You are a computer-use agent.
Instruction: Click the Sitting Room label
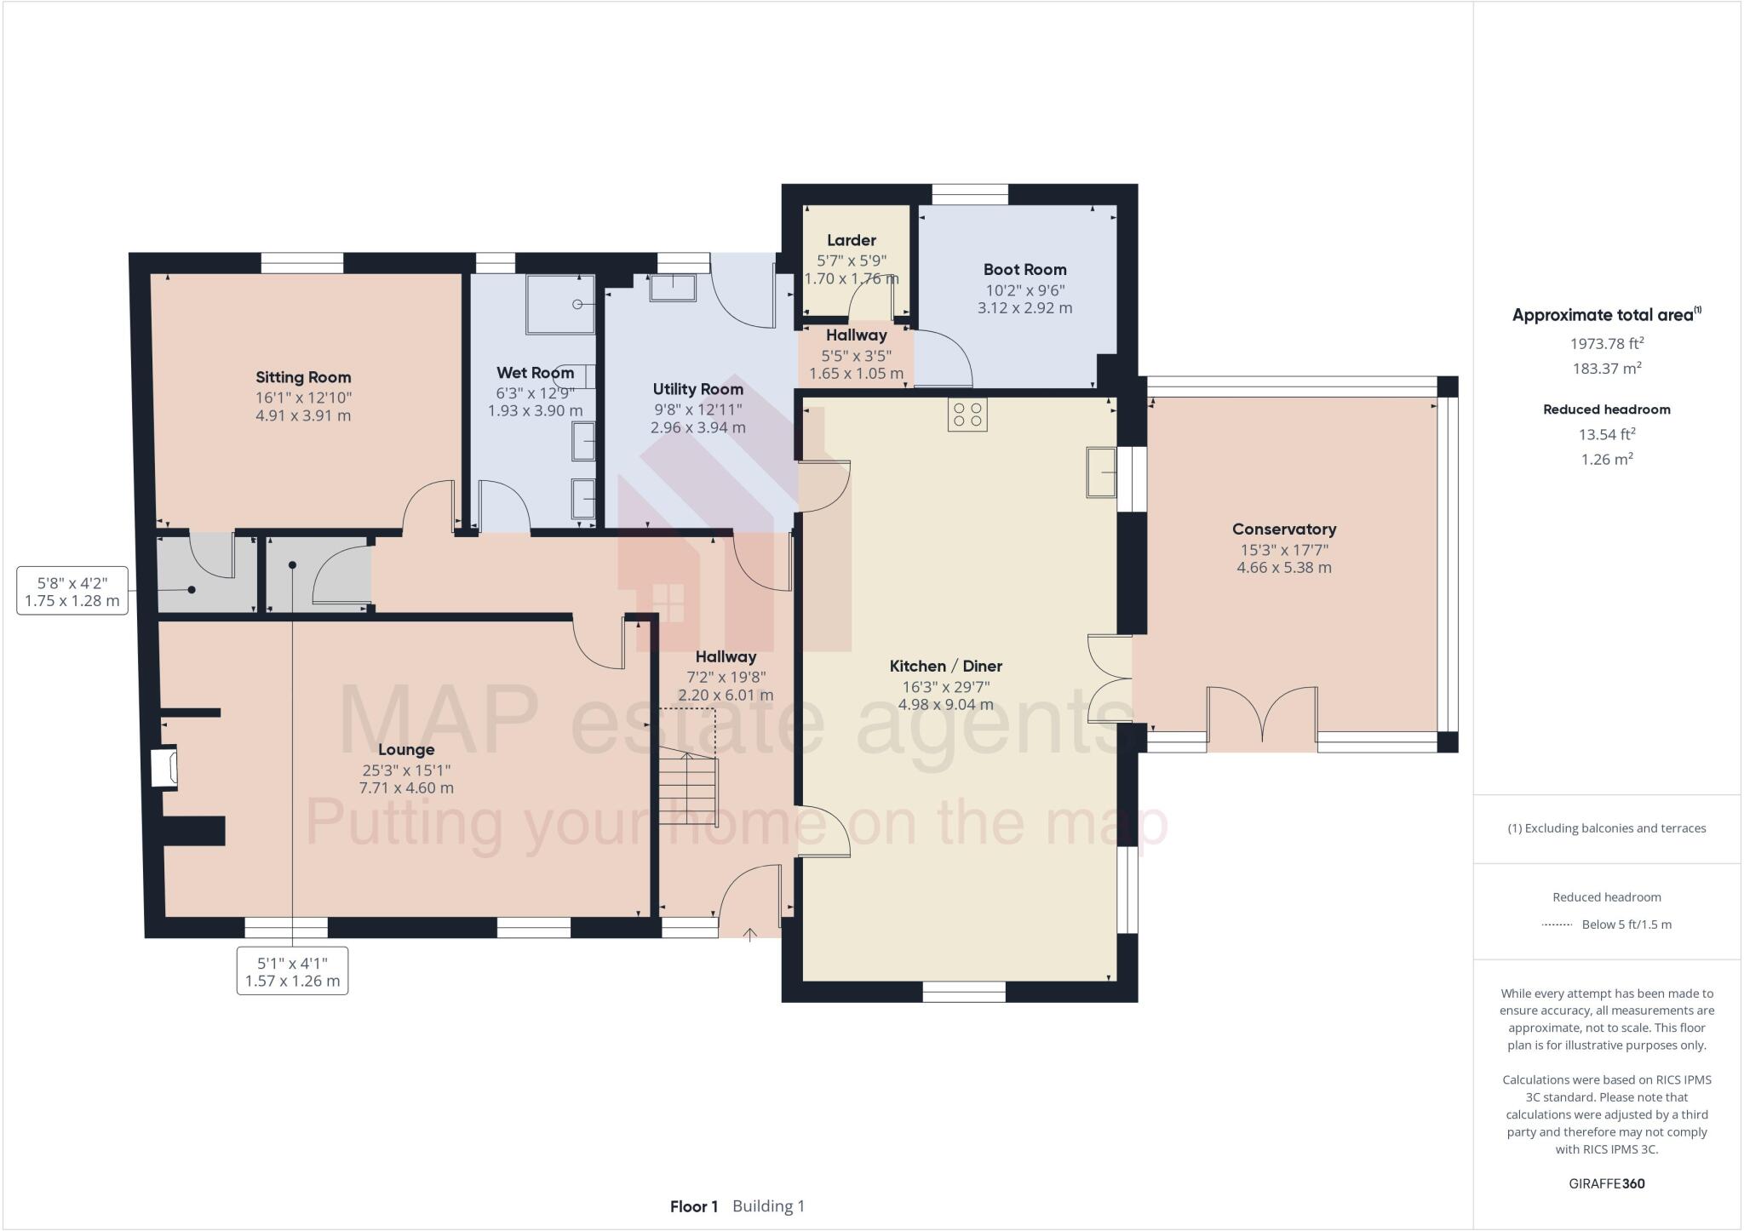(x=303, y=377)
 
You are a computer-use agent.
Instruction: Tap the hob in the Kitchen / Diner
(x=967, y=415)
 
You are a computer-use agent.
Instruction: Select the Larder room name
(x=851, y=240)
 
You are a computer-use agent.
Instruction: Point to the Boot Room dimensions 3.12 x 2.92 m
(x=1024, y=308)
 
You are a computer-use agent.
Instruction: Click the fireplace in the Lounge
(x=164, y=767)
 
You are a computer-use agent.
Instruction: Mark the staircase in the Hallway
(x=687, y=787)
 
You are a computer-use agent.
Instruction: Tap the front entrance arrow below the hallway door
(x=749, y=936)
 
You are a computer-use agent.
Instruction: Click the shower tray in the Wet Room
(x=559, y=304)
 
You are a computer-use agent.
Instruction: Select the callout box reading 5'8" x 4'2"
(x=72, y=592)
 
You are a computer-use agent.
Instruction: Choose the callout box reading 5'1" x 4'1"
(x=292, y=971)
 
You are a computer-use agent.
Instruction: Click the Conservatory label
(x=1283, y=529)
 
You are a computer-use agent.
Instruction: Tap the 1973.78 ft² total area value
(x=1606, y=343)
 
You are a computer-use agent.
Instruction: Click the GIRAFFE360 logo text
(x=1606, y=1183)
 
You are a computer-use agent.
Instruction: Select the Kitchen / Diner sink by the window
(x=1101, y=472)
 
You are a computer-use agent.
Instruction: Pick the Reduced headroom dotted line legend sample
(x=1557, y=925)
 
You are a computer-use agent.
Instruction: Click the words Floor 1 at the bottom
(x=694, y=1206)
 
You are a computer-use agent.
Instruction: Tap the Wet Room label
(x=535, y=372)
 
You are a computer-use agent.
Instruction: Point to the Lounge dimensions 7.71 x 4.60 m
(x=406, y=788)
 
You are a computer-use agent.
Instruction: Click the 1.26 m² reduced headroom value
(x=1606, y=459)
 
